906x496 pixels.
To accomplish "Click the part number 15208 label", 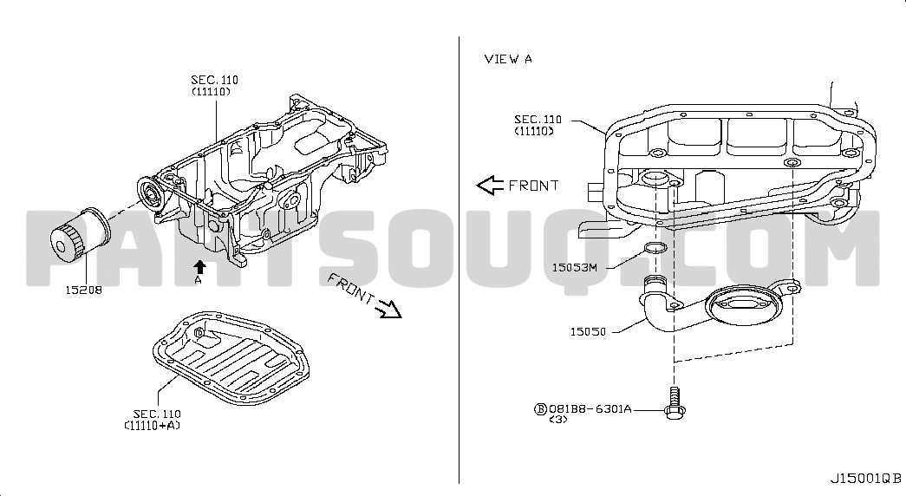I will (83, 290).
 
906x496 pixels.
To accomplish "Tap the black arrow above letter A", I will (199, 266).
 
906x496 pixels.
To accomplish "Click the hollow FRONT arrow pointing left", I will (490, 185).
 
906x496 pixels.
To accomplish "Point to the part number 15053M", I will (575, 267).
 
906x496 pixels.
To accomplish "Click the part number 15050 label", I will (588, 330).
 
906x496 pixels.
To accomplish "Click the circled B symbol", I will (539, 407).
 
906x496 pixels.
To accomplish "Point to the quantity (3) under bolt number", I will (558, 419).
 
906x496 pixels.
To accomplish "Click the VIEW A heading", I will (508, 59).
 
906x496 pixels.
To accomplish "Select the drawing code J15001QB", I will (865, 478).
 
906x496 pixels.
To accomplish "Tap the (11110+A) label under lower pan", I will (152, 426).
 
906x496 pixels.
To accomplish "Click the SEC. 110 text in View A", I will (538, 120).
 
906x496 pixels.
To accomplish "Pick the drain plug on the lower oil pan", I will (199, 332).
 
